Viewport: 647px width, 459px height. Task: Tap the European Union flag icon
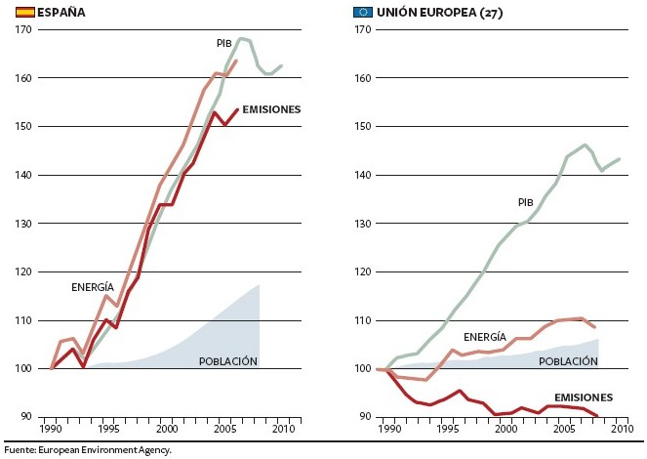(364, 12)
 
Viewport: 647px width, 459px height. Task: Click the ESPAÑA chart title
(59, 12)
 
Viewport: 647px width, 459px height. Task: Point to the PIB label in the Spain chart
(225, 44)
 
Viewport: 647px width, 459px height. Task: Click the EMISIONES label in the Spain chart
(271, 109)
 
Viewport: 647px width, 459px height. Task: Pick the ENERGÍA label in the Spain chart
(93, 287)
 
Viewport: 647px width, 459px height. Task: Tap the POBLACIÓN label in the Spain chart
(227, 361)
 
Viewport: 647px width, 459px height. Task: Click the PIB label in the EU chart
(525, 202)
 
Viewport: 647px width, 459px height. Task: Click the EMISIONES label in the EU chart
(583, 397)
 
